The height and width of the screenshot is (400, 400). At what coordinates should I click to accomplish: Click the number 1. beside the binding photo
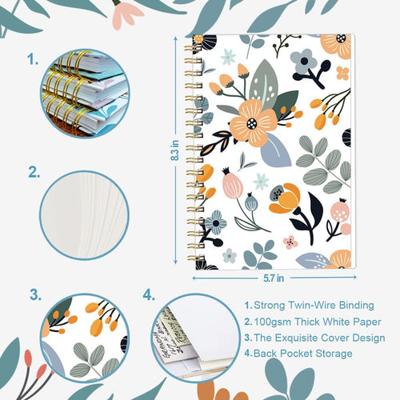(x=33, y=58)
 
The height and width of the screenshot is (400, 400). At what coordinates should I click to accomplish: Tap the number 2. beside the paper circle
(x=34, y=171)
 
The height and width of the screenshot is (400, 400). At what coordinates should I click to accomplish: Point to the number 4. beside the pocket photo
(x=148, y=295)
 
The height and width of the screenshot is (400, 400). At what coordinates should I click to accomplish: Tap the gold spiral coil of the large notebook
(x=193, y=152)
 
